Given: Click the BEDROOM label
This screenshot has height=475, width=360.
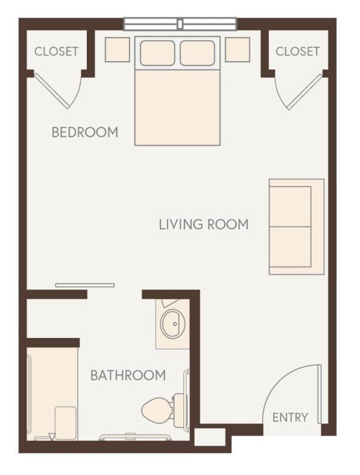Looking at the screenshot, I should pos(85,132).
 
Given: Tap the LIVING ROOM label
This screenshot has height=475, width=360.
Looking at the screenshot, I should pos(203,224).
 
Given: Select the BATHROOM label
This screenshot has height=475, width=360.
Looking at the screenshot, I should pos(127,375).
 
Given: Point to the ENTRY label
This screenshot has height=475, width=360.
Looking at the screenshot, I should pos(290,417).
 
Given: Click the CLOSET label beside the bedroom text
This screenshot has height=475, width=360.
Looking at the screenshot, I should pos(56,51).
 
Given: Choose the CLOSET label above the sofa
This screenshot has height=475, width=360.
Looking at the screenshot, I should pos(298,51).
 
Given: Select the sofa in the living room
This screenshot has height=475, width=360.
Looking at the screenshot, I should pos(296,226).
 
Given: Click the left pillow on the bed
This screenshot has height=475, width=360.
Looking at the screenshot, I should pos(157,53).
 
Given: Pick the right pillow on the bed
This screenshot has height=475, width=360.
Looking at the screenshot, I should pos(197,53).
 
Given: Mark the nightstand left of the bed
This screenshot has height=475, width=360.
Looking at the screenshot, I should pos(117,49).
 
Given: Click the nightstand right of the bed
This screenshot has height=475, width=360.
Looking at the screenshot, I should pos(237,49).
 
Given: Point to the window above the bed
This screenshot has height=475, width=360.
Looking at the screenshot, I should pos(180,24).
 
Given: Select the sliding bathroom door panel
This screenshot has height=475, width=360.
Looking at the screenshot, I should pos(85,285).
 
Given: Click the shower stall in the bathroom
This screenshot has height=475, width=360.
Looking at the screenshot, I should pos(52,391).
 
